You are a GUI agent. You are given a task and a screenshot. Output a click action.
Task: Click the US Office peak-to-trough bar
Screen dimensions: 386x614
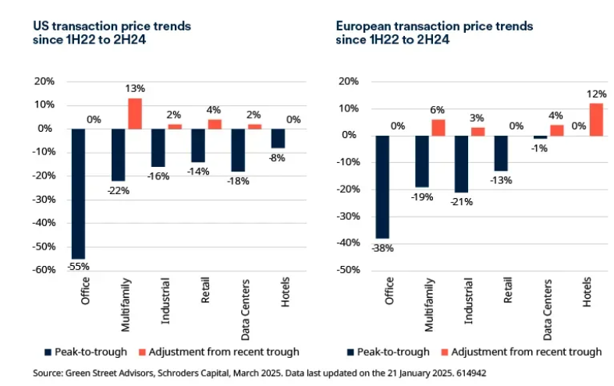pyautogui.click(x=78, y=193)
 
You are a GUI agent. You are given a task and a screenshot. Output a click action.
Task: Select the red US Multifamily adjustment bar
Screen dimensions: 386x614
pyautogui.click(x=135, y=113)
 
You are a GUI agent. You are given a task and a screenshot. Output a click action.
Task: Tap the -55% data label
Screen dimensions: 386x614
pyautogui.click(x=78, y=266)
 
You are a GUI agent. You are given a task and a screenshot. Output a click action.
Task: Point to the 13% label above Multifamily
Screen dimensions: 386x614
pyautogui.click(x=135, y=90)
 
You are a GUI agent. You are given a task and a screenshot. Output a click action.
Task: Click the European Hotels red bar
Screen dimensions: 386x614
pyautogui.click(x=597, y=119)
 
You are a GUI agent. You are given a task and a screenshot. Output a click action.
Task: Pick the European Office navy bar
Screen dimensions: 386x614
pyautogui.click(x=382, y=186)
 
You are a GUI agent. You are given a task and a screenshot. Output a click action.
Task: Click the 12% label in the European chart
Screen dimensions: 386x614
pyautogui.click(x=597, y=94)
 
